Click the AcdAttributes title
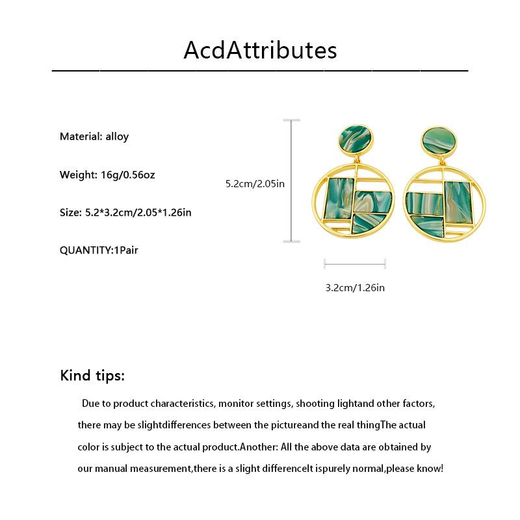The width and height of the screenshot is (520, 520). (x=260, y=50)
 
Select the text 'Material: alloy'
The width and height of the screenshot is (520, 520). (x=94, y=136)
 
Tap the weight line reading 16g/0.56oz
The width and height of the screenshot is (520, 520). (x=107, y=175)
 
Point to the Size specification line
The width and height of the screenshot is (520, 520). (x=125, y=213)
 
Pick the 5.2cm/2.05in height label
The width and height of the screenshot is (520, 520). (x=255, y=184)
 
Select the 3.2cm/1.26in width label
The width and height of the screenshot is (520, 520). (x=355, y=287)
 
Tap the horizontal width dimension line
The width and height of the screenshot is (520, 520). (x=355, y=264)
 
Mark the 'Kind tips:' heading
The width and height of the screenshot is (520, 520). (x=92, y=376)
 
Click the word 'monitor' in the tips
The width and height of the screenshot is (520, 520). (x=237, y=404)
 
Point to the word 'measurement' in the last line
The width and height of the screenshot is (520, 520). (x=162, y=469)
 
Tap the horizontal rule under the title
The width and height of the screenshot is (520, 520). (x=260, y=70)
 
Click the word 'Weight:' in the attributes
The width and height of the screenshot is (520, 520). (x=78, y=175)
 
